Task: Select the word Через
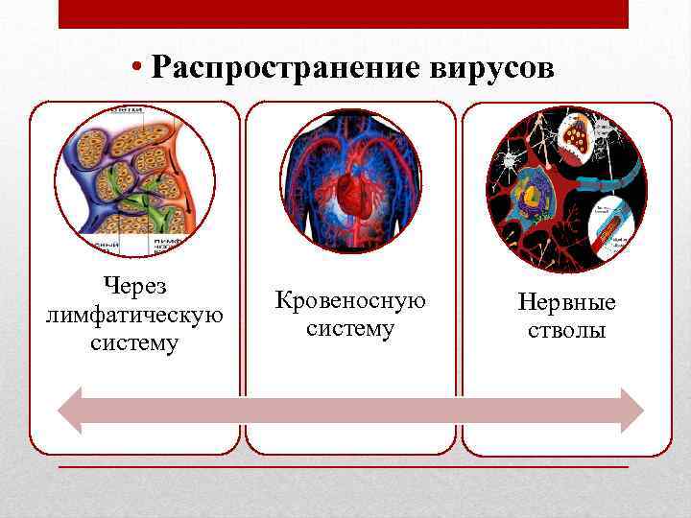134,285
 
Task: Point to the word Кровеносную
350,300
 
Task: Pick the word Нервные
566,303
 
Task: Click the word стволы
566,331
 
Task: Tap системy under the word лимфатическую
134,342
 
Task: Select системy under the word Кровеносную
350,328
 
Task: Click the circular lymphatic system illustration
134,181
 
